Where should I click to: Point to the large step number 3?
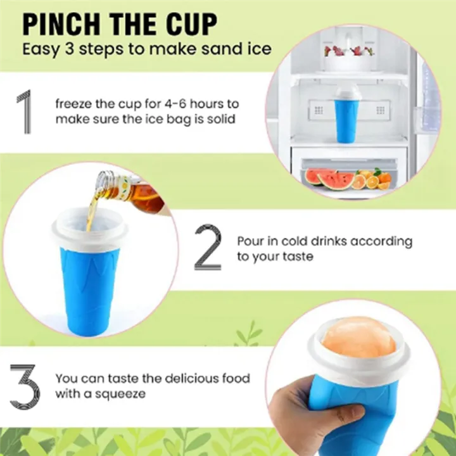click(24, 386)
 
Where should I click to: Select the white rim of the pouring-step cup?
click(89, 232)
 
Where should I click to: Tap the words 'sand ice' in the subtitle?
click(241, 49)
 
